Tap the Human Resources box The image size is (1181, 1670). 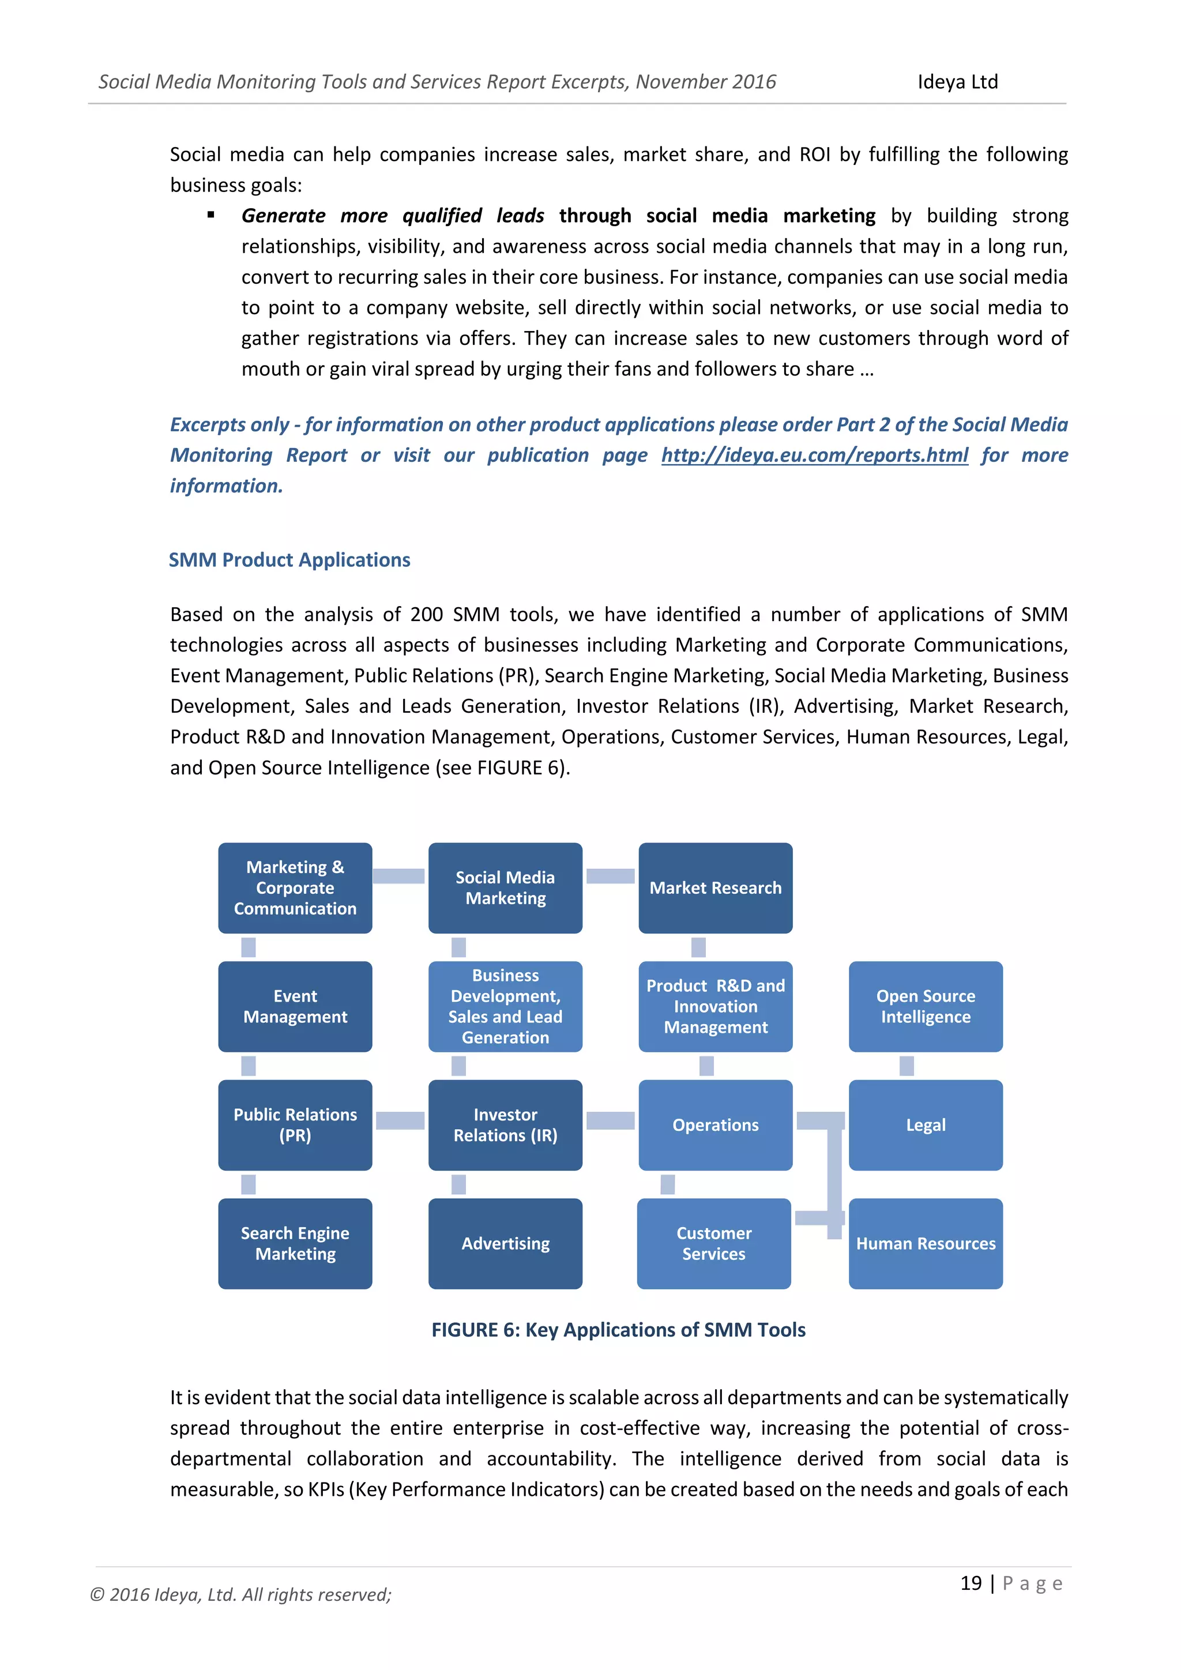925,1243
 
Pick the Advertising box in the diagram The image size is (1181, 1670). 505,1243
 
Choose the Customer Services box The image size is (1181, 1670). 713,1243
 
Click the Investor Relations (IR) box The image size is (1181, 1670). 505,1124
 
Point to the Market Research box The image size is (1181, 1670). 715,887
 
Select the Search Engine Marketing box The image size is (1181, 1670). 295,1243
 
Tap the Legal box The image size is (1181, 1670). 925,1124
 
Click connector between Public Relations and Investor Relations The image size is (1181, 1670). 400,1120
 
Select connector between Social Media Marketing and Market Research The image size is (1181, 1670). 610,876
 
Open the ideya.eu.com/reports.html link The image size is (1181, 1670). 814,456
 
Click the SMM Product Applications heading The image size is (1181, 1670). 289,560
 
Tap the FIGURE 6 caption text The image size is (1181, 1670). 618,1330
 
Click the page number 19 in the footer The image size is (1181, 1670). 971,1583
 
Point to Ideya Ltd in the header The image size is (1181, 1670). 957,81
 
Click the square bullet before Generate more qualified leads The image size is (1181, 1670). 211,215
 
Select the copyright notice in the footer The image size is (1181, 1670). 240,1594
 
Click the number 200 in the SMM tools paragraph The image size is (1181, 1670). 426,615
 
